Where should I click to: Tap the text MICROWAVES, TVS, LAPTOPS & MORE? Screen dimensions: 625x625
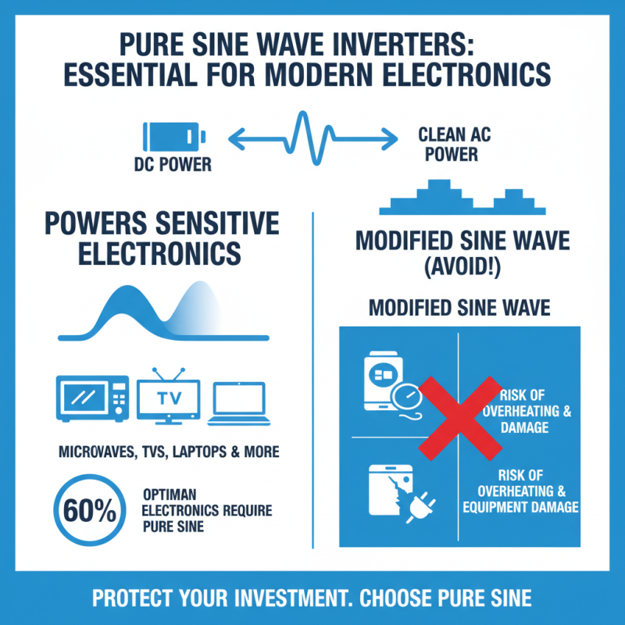[169, 452]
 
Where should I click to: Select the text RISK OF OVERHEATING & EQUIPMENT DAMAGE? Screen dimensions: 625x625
[520, 491]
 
